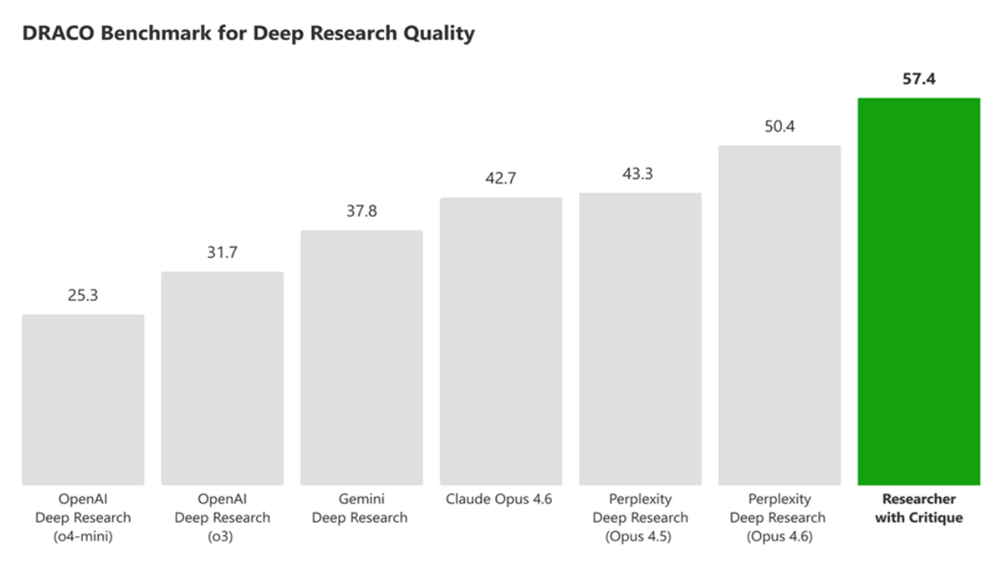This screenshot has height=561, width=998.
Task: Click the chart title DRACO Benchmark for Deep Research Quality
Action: pyautogui.click(x=249, y=34)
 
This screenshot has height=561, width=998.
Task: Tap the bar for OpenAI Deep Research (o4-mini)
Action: pyautogui.click(x=83, y=399)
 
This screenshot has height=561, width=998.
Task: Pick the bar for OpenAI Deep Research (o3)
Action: pyautogui.click(x=222, y=378)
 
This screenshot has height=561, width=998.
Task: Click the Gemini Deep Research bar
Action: pyautogui.click(x=362, y=357)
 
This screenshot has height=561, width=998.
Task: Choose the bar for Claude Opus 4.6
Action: pyautogui.click(x=501, y=341)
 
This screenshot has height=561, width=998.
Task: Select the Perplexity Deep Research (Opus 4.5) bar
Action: pyautogui.click(x=640, y=338)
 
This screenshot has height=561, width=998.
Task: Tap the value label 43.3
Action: pyautogui.click(x=640, y=175)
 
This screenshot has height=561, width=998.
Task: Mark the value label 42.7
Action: pyautogui.click(x=501, y=180)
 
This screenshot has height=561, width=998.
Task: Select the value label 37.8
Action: pyautogui.click(x=362, y=211)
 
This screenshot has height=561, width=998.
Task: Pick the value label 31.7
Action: pyautogui.click(x=222, y=253)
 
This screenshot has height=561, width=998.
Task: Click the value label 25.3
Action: pyautogui.click(x=83, y=295)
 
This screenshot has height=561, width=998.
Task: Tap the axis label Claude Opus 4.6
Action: pyautogui.click(x=501, y=499)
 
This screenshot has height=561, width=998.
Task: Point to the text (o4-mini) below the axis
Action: pyautogui.click(x=83, y=536)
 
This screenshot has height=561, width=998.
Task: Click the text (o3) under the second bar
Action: pyautogui.click(x=222, y=536)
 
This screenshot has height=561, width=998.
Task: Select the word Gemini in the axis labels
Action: pyautogui.click(x=360, y=499)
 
